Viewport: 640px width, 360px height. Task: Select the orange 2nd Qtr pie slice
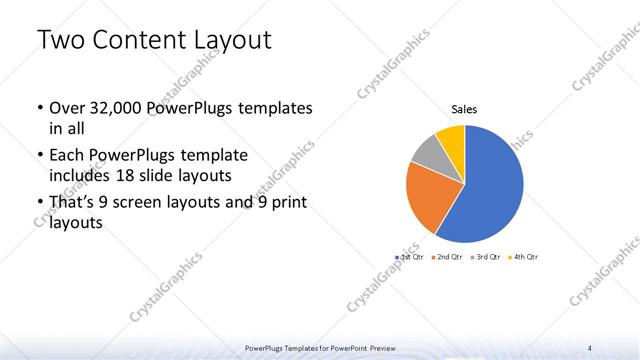click(432, 198)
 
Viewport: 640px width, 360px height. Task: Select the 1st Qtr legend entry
click(410, 257)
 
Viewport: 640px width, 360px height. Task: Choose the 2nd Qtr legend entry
click(450, 257)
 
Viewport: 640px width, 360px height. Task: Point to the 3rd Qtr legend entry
click(488, 257)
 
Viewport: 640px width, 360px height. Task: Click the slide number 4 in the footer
click(591, 348)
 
